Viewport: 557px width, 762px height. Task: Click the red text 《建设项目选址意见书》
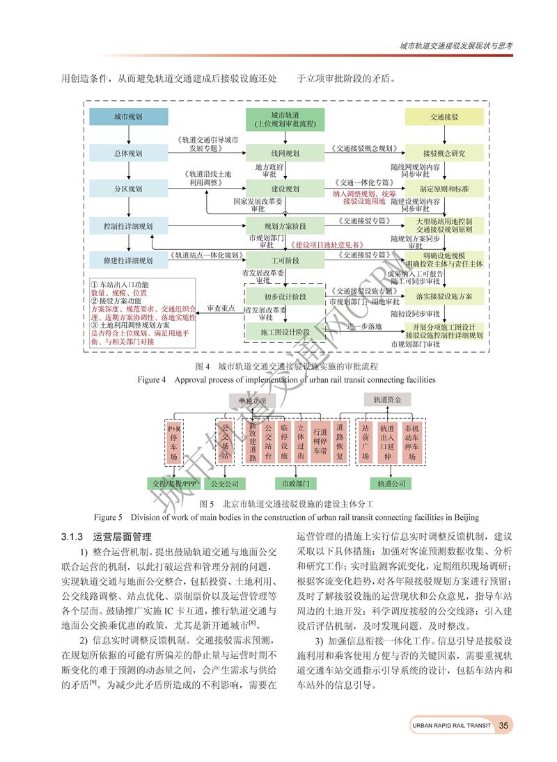[x=328, y=245]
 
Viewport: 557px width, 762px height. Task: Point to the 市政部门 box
[x=295, y=482]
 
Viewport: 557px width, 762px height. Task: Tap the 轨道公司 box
[x=391, y=482]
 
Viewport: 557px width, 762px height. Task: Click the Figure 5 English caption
[x=286, y=517]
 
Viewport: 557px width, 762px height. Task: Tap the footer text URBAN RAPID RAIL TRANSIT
[x=451, y=726]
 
